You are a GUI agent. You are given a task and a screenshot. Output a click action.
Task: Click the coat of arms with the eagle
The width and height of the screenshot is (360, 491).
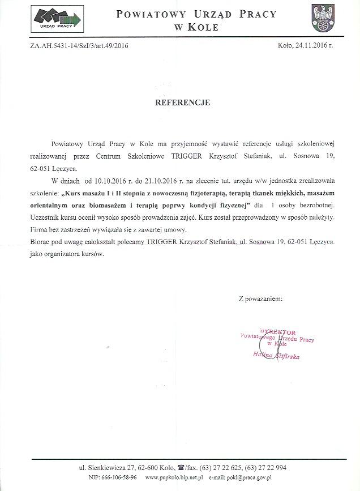point(324,19)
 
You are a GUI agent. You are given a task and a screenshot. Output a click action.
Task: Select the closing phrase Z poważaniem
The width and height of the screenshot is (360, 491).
point(260,297)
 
